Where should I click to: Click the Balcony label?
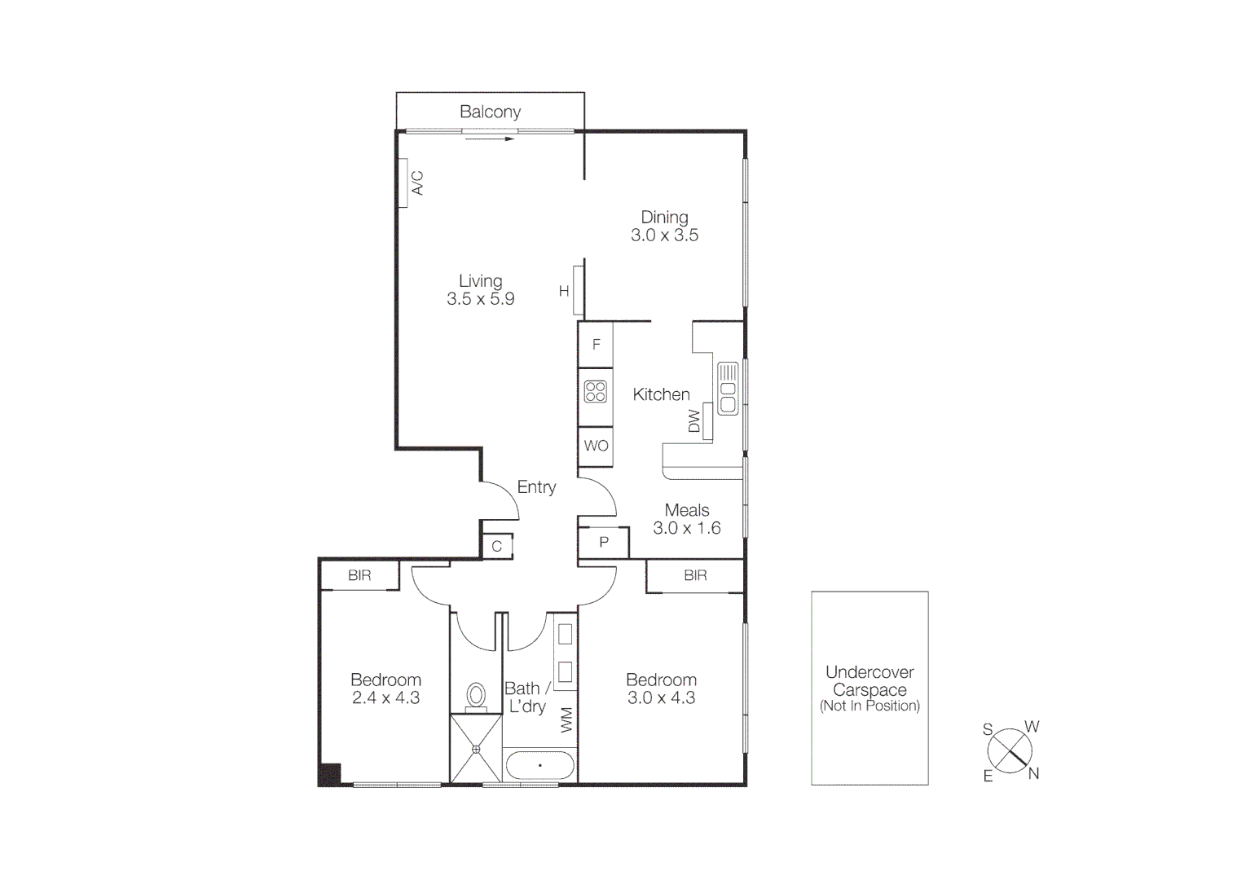(490, 112)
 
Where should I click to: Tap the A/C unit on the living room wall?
(403, 183)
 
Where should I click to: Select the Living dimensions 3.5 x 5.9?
(480, 299)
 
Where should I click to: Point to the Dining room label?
(664, 217)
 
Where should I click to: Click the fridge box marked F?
(596, 344)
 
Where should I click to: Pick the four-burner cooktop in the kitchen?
(596, 392)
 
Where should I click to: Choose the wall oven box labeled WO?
(596, 446)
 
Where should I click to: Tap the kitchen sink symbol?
(727, 389)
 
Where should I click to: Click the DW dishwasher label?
(694, 421)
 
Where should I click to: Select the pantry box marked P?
(604, 542)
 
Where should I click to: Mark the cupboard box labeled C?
(497, 546)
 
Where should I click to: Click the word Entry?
(536, 487)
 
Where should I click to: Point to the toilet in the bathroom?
(476, 697)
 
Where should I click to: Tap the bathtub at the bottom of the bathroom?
(539, 766)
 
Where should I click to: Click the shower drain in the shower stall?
(476, 749)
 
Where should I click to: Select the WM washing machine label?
(567, 719)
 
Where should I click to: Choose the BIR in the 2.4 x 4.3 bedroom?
(359, 575)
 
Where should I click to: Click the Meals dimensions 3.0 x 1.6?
(686, 528)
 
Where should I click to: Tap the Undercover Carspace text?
(870, 681)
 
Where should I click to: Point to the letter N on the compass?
(1033, 773)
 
